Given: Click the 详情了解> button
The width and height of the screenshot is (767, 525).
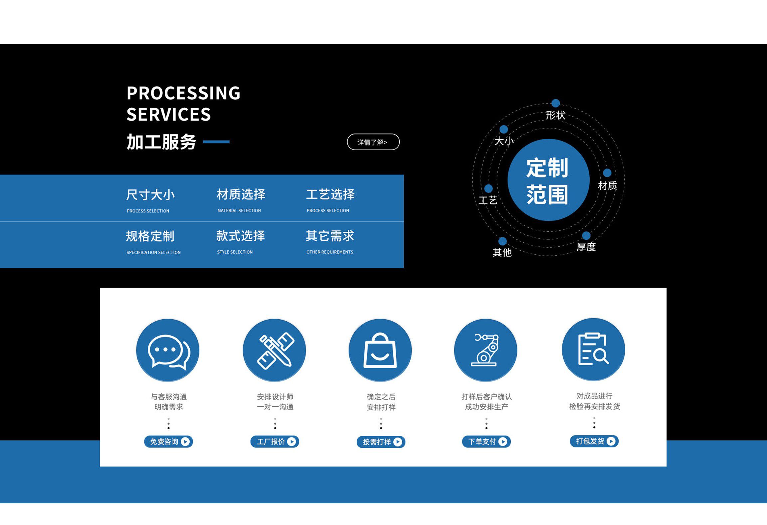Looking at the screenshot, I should point(373,142).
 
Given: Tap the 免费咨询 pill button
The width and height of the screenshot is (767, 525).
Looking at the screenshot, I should point(168,441).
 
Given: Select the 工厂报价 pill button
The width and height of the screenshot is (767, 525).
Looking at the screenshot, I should point(275,441).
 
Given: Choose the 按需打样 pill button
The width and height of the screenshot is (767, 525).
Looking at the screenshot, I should point(381,442).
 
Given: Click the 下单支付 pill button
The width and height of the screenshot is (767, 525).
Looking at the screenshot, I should point(486,441).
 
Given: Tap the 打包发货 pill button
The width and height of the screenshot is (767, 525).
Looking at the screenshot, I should point(594,441).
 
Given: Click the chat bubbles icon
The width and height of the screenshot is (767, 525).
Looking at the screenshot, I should point(168,351).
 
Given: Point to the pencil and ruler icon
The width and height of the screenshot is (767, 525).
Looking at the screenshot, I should point(274,351).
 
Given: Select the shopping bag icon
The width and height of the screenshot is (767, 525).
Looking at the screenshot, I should point(380,351).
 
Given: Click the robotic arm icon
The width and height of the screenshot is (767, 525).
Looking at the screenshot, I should point(485,351).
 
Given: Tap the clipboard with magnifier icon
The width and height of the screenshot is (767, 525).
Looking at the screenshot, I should point(593,350).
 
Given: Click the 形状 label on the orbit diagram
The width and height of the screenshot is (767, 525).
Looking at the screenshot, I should point(555,115).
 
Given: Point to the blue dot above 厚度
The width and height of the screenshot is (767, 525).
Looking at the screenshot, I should point(586,236).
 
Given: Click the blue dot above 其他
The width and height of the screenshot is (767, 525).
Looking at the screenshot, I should point(503,241).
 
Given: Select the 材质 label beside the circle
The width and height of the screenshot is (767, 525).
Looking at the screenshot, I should point(607,185).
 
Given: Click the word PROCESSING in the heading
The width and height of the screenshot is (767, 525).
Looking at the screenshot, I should point(183,93).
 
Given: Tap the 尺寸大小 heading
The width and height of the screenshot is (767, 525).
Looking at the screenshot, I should point(150,195).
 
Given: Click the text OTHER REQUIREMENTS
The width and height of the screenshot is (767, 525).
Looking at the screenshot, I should point(330,252).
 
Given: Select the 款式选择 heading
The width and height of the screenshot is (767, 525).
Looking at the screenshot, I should point(241,236).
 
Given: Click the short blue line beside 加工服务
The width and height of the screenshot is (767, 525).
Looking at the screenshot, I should point(216,142).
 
